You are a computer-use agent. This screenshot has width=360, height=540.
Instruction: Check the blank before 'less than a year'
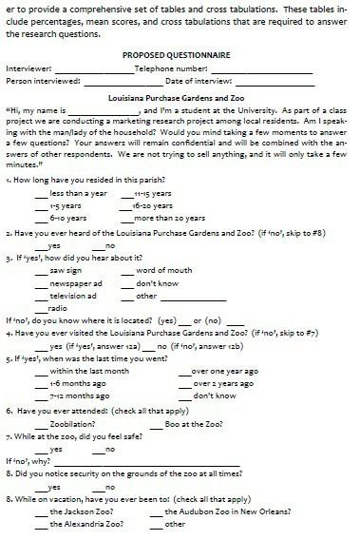[x=42, y=195]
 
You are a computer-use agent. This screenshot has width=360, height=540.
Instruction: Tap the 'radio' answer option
[x=57, y=308]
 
